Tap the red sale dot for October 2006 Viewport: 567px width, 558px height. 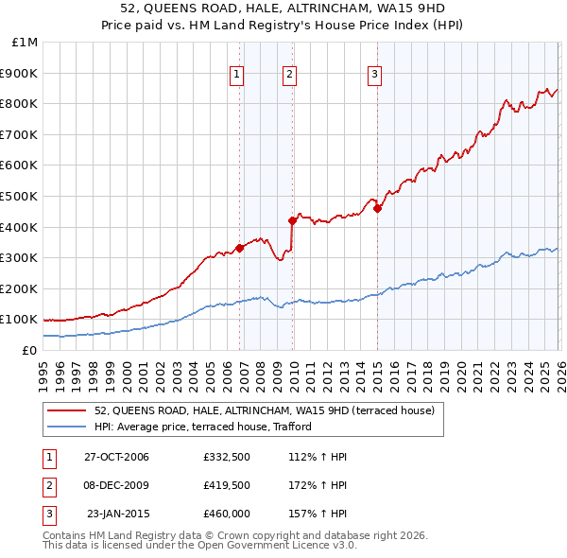[240, 248]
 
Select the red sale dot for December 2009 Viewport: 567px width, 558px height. [293, 220]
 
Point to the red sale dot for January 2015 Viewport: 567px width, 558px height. [377, 208]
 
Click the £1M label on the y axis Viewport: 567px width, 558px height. [26, 43]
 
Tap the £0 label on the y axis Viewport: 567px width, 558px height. [30, 350]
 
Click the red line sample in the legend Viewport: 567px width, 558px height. [66, 410]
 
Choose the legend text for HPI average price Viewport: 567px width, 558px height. [210, 427]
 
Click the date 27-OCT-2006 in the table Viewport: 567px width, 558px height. [116, 457]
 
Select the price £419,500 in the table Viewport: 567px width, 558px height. [227, 485]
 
